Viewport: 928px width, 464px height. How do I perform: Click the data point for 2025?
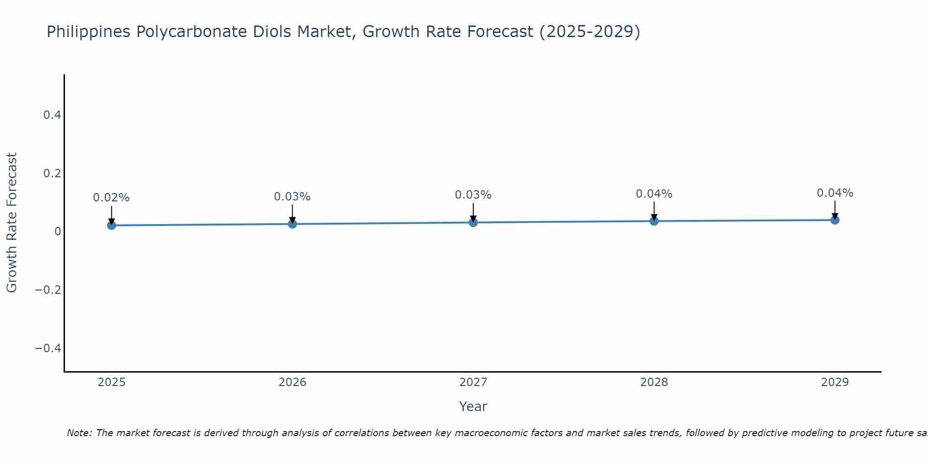(x=111, y=226)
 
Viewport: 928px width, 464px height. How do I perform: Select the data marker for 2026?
(x=292, y=224)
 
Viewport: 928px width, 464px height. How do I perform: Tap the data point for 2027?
(x=473, y=223)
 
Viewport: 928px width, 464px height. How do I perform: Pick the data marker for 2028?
(x=654, y=221)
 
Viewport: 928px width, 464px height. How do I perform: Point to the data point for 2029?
(x=835, y=220)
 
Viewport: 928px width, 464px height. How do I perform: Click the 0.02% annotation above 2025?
(x=111, y=198)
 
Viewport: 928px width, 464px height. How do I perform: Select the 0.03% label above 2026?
(x=292, y=197)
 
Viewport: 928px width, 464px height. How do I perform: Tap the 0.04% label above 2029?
(x=835, y=193)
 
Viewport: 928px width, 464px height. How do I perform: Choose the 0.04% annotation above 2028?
(x=654, y=194)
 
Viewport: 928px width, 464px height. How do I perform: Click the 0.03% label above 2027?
(x=473, y=195)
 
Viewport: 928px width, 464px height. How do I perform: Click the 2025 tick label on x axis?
(x=111, y=382)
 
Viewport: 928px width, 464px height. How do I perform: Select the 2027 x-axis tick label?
(x=473, y=382)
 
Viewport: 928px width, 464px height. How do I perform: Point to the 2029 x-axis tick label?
(x=835, y=382)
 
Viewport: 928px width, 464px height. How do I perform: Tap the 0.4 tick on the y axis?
(x=52, y=115)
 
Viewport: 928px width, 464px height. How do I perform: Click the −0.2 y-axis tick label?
(x=48, y=290)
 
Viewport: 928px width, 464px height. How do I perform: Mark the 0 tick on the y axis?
(x=58, y=231)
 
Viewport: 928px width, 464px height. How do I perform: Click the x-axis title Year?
(x=473, y=406)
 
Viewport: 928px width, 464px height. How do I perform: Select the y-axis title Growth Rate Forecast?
(x=12, y=223)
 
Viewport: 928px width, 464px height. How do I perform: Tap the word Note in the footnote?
(x=79, y=433)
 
